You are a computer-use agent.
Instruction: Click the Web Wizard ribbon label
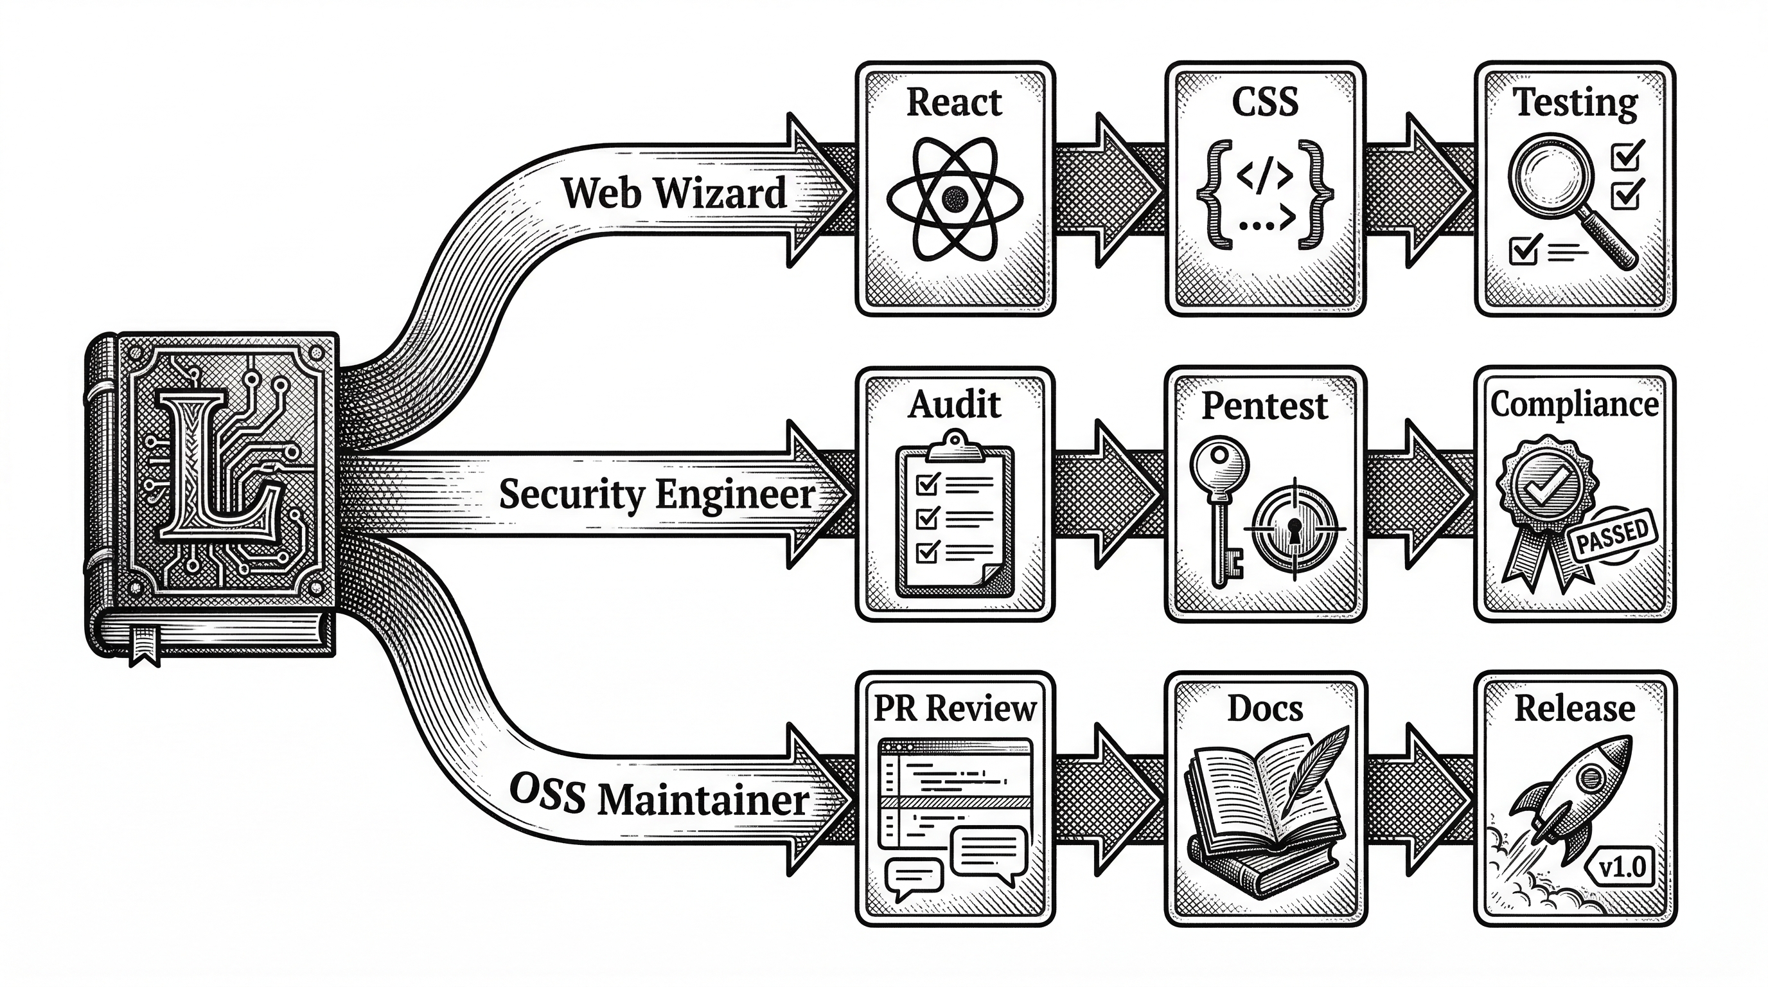tap(674, 193)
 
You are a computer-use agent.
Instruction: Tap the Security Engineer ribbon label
tap(657, 495)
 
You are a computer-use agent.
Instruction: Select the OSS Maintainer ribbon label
tap(659, 798)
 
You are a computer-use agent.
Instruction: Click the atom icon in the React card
tap(954, 200)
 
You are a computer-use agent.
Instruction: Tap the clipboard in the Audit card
tap(954, 515)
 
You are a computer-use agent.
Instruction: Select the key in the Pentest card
tap(1219, 501)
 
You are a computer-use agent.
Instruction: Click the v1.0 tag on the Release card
tap(1622, 867)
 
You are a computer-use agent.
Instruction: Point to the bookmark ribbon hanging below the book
tap(145, 645)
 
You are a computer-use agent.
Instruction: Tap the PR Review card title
tap(954, 709)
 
